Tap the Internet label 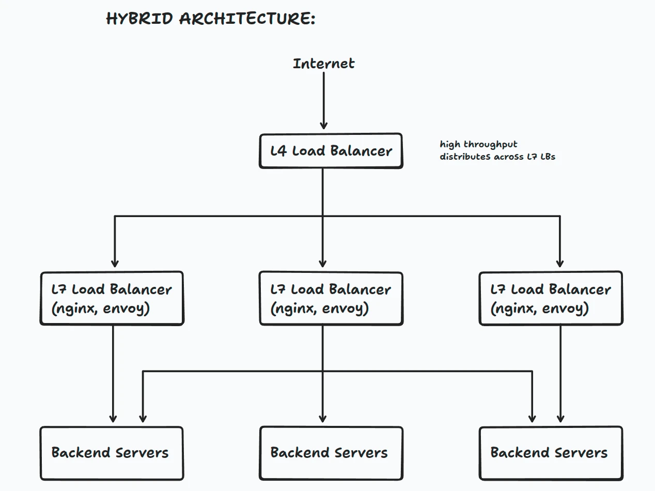tap(323, 64)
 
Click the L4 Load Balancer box tap(331, 151)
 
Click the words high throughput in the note tap(478, 144)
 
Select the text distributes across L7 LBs tap(497, 157)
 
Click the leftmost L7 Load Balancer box tap(112, 298)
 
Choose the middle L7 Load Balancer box tap(331, 298)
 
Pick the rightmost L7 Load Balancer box tap(551, 298)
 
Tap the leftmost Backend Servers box tap(112, 453)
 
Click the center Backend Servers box tap(331, 453)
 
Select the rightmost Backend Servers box tap(551, 453)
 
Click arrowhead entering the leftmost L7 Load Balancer tap(115, 263)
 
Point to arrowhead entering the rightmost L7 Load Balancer tap(559, 263)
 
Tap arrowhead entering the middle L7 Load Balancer tap(323, 263)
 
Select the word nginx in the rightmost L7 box tap(513, 309)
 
